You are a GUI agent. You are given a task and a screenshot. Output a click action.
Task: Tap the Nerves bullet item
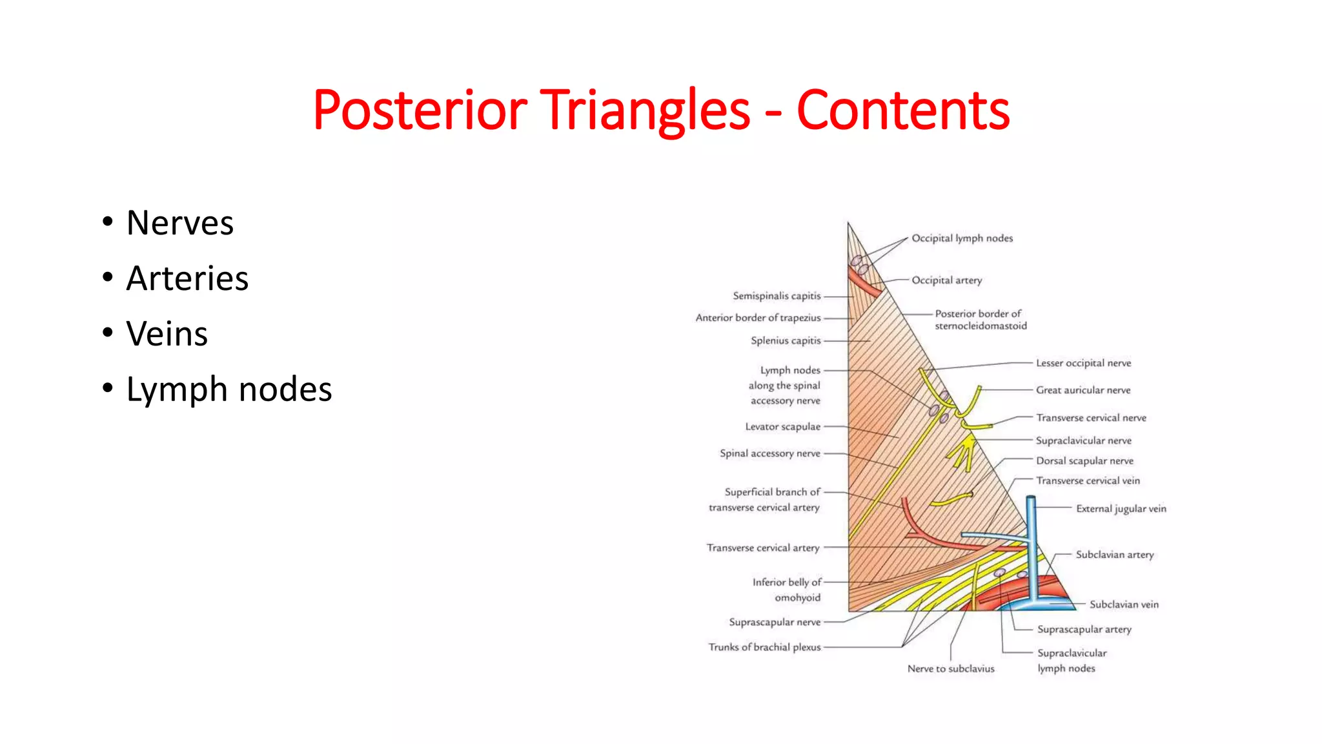[179, 223]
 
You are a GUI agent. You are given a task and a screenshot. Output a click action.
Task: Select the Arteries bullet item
[187, 278]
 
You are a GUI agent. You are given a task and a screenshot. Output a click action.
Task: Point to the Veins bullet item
[167, 334]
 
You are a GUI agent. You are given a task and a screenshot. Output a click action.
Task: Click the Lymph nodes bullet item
[229, 389]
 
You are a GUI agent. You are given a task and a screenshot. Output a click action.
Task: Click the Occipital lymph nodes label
[962, 238]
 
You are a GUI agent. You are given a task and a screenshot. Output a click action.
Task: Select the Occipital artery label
[946, 280]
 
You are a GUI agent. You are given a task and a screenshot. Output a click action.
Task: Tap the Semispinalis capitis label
[777, 296]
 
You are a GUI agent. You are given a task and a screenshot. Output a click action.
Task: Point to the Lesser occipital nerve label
[1083, 363]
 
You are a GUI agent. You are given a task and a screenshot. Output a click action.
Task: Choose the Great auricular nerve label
[1083, 390]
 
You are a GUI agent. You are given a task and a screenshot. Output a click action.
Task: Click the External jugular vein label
[1121, 509]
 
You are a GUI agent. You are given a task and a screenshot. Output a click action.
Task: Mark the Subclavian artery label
[1114, 555]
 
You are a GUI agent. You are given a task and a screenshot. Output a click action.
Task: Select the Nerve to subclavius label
[951, 668]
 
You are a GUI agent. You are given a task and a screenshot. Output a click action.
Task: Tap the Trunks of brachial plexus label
[764, 647]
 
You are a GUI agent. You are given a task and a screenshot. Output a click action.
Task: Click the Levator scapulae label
[782, 427]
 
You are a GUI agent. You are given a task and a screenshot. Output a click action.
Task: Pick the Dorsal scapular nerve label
[1084, 460]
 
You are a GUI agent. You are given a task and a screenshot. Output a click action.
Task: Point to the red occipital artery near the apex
[864, 283]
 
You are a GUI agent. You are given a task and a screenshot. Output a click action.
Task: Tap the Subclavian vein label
[1124, 604]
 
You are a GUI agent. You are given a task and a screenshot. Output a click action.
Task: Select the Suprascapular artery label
[1084, 629]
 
